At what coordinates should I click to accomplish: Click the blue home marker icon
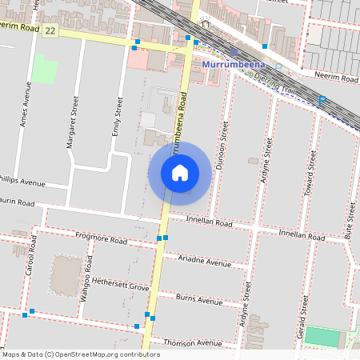point(179,173)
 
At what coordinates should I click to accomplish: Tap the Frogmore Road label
point(101,238)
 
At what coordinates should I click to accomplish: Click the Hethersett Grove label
point(121,286)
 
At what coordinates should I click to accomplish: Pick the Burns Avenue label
point(198,302)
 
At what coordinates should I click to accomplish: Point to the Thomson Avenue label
point(192,342)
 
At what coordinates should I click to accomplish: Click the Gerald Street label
point(303,315)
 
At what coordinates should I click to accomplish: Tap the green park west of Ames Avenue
point(45,69)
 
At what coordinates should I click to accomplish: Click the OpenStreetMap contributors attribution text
point(81,354)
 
